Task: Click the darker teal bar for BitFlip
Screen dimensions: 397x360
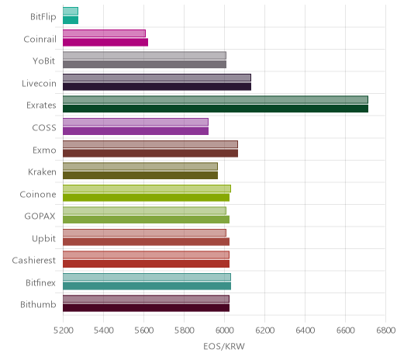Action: click(x=71, y=20)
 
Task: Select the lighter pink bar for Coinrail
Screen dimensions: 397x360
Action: click(x=104, y=33)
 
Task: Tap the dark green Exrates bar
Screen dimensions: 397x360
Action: click(x=216, y=109)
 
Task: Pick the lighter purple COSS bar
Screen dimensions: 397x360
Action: click(x=136, y=122)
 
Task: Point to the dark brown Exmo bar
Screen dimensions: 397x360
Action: click(x=150, y=154)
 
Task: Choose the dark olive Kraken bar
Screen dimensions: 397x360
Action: click(x=140, y=175)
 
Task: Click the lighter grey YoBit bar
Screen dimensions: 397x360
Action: click(x=144, y=55)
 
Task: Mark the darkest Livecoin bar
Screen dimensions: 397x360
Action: click(x=157, y=87)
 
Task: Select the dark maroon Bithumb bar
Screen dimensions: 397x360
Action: click(x=146, y=308)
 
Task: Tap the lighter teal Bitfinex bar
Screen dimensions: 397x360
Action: click(x=147, y=277)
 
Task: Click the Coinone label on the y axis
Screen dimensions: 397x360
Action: click(x=38, y=194)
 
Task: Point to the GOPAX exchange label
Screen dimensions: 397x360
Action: click(x=40, y=216)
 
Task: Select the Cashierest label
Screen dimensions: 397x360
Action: click(x=34, y=260)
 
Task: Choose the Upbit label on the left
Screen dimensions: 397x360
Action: click(x=43, y=239)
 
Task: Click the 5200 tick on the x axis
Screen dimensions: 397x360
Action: click(x=63, y=331)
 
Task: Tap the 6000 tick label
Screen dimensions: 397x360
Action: click(x=224, y=331)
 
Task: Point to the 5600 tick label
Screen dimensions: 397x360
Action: click(x=143, y=331)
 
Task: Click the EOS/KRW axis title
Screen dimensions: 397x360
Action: click(x=224, y=346)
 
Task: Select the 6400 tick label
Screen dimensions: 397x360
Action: click(x=305, y=331)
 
